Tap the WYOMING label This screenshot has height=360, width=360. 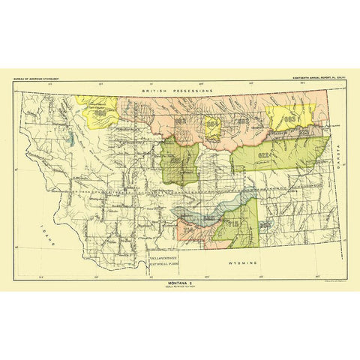[245, 264]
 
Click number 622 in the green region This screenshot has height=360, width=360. [264, 154]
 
